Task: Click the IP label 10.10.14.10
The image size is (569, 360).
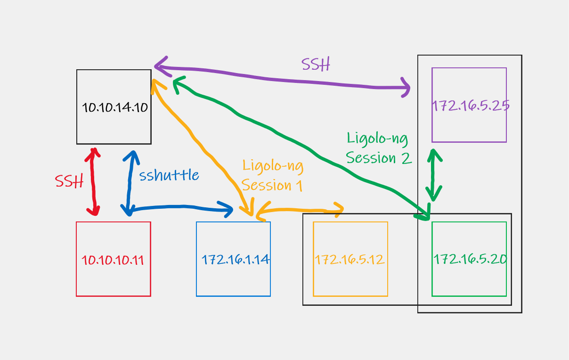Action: (x=114, y=108)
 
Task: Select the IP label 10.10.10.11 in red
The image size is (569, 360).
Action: (x=113, y=260)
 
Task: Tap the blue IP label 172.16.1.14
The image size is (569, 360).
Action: (x=235, y=260)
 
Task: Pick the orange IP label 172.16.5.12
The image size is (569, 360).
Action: (x=350, y=260)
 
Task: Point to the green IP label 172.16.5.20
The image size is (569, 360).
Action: (x=470, y=260)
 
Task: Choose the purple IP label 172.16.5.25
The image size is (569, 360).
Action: (x=470, y=106)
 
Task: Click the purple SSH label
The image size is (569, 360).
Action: (x=315, y=65)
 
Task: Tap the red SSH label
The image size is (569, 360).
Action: (x=69, y=181)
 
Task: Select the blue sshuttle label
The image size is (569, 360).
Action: (x=169, y=175)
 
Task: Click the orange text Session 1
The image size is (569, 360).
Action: (x=272, y=185)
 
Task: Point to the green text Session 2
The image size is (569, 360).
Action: (x=379, y=158)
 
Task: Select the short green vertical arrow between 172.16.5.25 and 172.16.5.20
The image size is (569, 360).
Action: (x=434, y=175)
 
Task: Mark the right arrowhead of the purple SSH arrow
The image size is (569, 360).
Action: (x=406, y=88)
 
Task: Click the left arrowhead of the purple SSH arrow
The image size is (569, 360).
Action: (x=160, y=66)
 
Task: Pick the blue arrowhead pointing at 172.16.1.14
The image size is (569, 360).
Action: (x=228, y=209)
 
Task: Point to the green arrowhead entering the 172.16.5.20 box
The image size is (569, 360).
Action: (x=424, y=214)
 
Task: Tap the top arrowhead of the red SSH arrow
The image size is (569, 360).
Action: (x=94, y=152)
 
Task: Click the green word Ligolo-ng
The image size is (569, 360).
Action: (x=377, y=139)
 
